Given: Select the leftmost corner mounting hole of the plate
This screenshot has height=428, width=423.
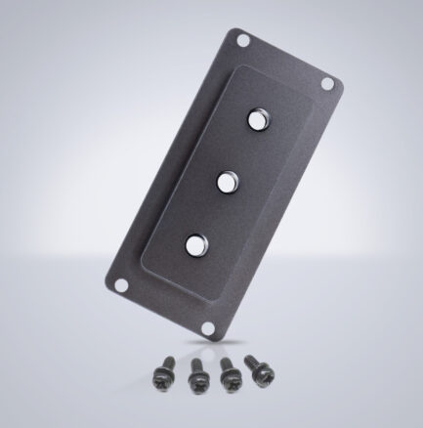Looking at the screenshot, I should (120, 285).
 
